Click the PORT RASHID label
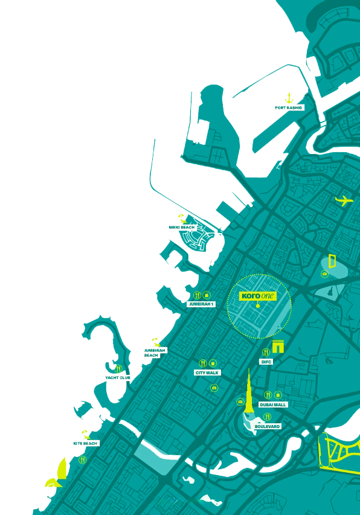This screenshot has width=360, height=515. tap(289, 107)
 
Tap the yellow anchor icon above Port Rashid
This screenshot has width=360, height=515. tap(289, 97)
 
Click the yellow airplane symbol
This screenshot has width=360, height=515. tap(344, 200)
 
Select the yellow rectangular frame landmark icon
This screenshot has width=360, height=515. tap(332, 261)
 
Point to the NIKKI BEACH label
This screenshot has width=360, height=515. tap(182, 228)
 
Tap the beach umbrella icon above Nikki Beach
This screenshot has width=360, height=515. tap(181, 218)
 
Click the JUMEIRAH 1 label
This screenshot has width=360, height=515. tap(201, 304)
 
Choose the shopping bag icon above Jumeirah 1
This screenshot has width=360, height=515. tap(207, 295)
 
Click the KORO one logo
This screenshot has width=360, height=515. tap(258, 296)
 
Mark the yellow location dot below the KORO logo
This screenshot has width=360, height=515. tap(258, 305)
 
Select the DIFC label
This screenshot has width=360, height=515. tap(266, 362)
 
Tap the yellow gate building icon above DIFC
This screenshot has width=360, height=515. tap(278, 347)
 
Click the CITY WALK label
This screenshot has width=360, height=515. tap(207, 373)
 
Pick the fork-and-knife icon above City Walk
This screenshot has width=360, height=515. tap(202, 363)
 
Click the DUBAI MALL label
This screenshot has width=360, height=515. tap(273, 405)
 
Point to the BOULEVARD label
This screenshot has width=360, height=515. tap(268, 426)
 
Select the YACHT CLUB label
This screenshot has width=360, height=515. tap(118, 377)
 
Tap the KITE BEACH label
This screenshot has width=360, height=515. tap(86, 443)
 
